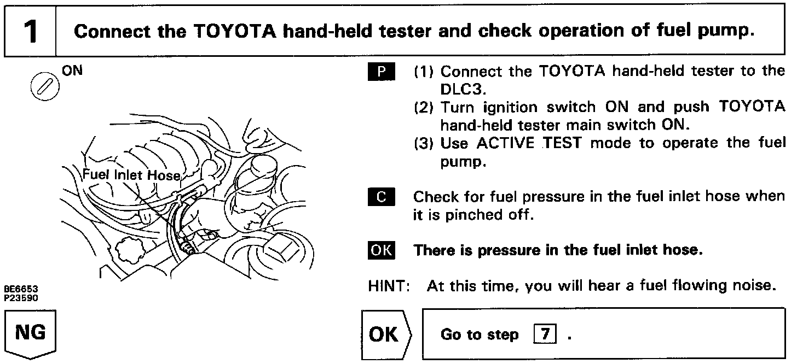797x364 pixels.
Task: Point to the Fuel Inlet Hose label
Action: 131,175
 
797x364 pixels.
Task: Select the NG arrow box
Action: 31,333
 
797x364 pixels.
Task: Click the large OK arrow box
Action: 386,334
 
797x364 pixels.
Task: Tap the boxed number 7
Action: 545,334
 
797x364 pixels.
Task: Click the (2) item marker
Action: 422,107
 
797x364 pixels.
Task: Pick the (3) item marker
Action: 422,143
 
